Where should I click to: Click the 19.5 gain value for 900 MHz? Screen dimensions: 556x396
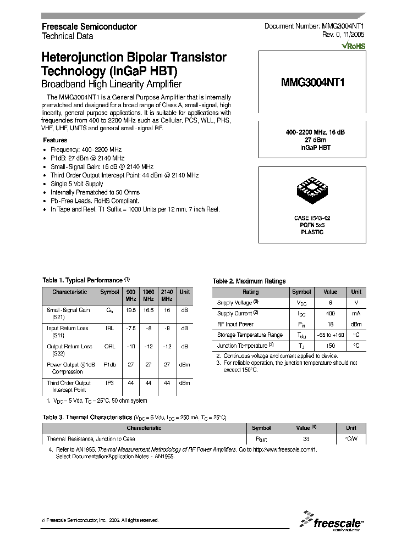131,310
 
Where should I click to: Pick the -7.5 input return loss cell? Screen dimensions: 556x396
131,328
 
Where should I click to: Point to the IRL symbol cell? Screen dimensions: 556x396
109,328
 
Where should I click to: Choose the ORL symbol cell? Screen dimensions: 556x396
109,347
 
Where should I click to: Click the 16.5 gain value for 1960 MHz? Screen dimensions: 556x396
148,310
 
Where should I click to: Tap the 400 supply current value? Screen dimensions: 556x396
330,313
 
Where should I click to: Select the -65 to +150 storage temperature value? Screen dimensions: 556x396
330,335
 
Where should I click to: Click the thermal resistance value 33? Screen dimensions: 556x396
306,439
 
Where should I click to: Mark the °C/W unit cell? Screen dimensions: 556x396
351,439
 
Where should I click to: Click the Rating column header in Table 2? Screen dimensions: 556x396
251,292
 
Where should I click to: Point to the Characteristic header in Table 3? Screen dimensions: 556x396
144,428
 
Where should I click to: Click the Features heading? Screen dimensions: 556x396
55,140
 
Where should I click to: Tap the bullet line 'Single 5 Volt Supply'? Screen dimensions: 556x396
77,184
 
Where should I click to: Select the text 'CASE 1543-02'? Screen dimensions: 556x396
312,218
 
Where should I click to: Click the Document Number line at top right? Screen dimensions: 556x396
315,26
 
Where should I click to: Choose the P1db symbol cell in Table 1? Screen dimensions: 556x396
109,364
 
